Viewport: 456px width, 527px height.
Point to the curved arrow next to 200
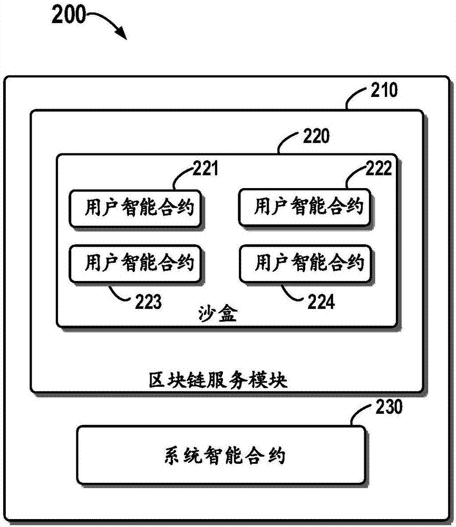click(x=111, y=24)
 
